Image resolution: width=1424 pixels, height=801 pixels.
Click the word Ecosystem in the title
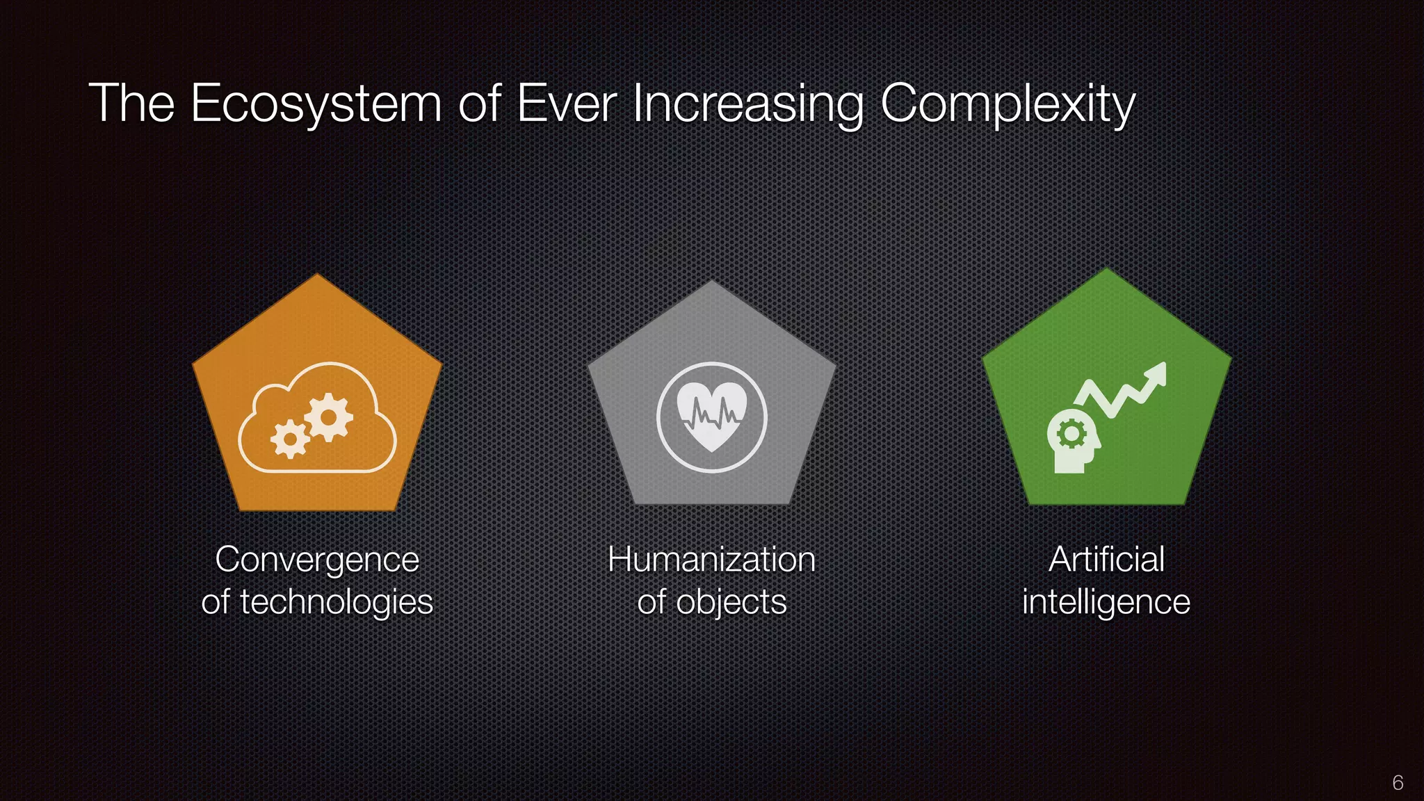(x=316, y=104)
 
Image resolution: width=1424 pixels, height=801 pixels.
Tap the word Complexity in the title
(x=1008, y=104)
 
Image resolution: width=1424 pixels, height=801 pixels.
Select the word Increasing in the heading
(x=747, y=104)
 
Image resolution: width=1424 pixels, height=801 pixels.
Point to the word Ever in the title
(x=566, y=104)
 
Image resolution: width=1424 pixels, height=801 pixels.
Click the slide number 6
(x=1398, y=783)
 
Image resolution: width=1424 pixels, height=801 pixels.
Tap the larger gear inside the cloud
(x=329, y=417)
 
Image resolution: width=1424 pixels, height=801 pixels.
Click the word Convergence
(x=317, y=560)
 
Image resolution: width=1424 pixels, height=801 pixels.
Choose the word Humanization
(x=711, y=560)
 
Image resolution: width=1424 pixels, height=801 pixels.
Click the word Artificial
(x=1106, y=560)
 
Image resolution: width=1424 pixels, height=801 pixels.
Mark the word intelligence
(x=1106, y=602)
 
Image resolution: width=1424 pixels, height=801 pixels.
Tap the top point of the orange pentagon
(x=318, y=275)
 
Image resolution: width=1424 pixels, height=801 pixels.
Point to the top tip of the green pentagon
(x=1106, y=270)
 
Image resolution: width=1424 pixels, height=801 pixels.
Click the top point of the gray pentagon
(x=711, y=282)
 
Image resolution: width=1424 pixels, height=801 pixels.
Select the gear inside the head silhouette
(x=1071, y=435)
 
